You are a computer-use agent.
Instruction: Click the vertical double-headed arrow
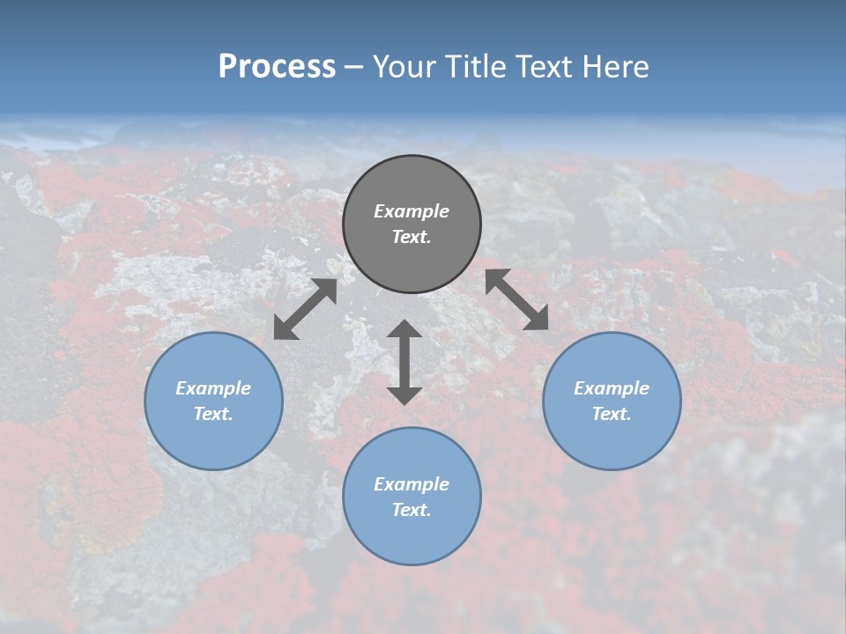pyautogui.click(x=404, y=362)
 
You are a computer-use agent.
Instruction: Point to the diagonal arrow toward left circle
pyautogui.click(x=305, y=309)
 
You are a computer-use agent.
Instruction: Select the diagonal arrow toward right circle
pyautogui.click(x=517, y=299)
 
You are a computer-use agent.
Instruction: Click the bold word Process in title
pyautogui.click(x=277, y=67)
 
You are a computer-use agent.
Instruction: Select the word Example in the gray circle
pyautogui.click(x=412, y=211)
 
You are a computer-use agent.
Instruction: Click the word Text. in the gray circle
pyautogui.click(x=412, y=237)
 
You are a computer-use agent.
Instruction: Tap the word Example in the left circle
pyautogui.click(x=213, y=388)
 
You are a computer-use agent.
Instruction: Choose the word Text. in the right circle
pyautogui.click(x=612, y=414)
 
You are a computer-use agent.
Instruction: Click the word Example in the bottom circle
pyautogui.click(x=412, y=484)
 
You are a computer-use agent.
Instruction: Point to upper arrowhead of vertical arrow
pyautogui.click(x=404, y=328)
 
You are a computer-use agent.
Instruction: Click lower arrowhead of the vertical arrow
pyautogui.click(x=404, y=395)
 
